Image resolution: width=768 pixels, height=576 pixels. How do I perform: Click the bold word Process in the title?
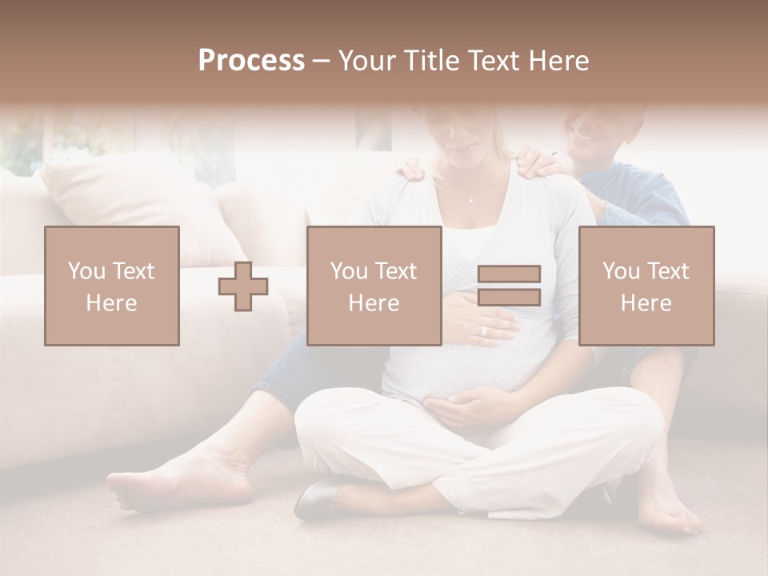click(x=251, y=61)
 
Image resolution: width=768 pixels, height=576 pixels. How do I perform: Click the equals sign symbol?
click(x=509, y=286)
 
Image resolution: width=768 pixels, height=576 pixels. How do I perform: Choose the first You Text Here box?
click(x=112, y=286)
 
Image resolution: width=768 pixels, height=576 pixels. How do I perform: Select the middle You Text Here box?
click(x=374, y=286)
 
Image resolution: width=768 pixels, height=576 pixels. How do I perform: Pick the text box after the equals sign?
click(x=646, y=286)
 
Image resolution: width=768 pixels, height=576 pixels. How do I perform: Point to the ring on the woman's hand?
click(x=482, y=330)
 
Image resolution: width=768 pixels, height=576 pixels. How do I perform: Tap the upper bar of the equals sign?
click(x=509, y=274)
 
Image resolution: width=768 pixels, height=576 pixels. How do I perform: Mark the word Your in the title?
click(x=366, y=61)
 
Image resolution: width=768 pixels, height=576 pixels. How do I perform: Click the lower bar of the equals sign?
click(x=509, y=298)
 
